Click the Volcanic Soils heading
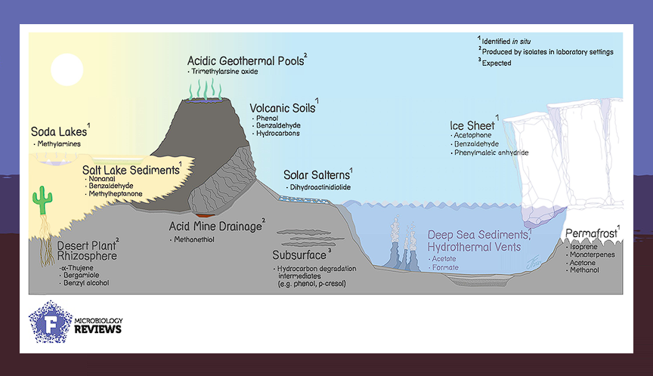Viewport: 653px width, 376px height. [283, 106]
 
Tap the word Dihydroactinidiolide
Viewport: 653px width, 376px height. [319, 187]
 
